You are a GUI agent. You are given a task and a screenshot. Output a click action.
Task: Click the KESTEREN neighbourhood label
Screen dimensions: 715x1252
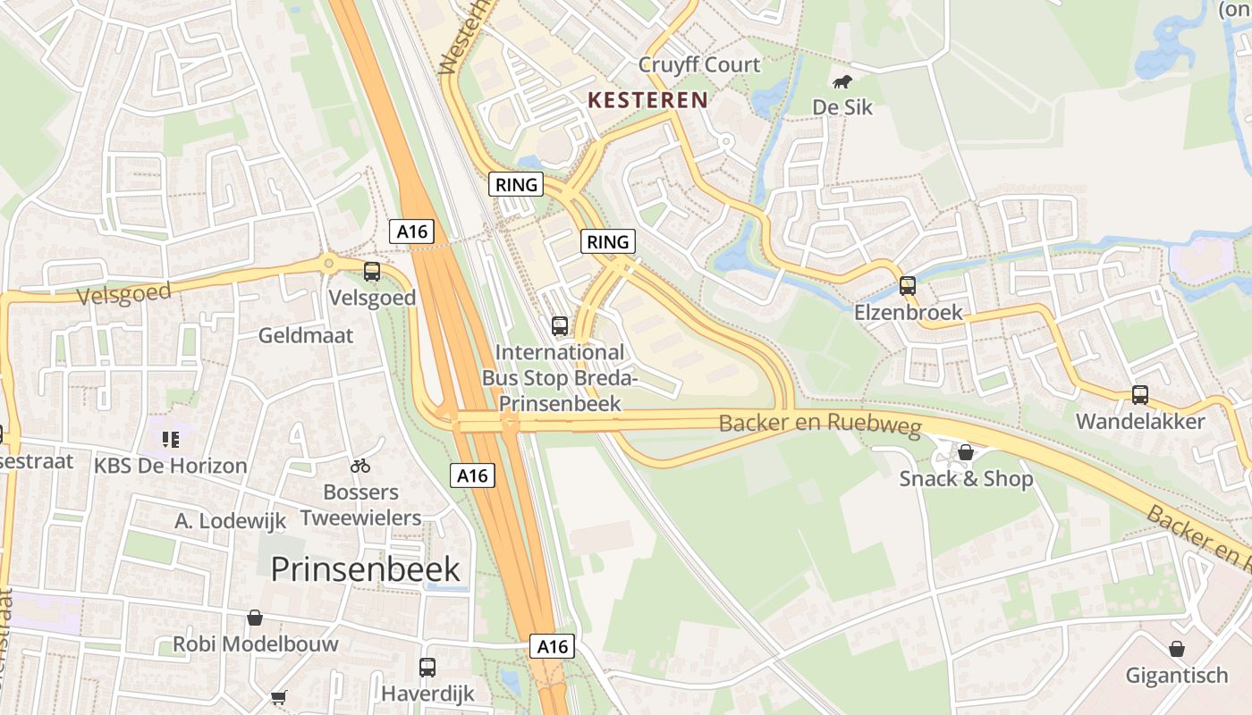(648, 100)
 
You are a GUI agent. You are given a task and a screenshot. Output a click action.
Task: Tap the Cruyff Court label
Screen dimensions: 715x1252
(699, 64)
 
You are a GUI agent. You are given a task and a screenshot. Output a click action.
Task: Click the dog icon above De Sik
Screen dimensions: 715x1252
(842, 83)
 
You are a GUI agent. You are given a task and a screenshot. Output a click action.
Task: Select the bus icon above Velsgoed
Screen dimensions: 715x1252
(372, 272)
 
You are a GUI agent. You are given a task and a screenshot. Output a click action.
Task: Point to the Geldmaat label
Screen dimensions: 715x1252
(306, 336)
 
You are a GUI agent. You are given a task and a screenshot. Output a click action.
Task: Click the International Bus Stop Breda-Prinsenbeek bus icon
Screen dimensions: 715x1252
(560, 326)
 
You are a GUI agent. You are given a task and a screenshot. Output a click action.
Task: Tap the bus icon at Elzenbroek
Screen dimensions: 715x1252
(908, 286)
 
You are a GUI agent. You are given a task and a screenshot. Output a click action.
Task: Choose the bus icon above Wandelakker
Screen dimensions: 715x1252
(1140, 394)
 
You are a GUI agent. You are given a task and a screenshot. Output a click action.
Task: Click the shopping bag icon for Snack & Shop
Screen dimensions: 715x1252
(966, 452)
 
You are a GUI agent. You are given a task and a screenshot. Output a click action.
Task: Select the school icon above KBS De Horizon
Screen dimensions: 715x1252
(170, 439)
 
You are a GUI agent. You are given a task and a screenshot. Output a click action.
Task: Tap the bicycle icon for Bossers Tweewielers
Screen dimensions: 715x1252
(360, 466)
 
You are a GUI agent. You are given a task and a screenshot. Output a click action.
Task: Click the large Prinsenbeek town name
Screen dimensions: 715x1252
(366, 569)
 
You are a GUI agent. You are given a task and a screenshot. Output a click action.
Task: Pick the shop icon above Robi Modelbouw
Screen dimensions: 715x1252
(255, 618)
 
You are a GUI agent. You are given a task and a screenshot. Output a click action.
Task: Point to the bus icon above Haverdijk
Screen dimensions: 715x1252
(427, 667)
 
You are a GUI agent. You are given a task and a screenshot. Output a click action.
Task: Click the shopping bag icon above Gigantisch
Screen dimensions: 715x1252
(1177, 649)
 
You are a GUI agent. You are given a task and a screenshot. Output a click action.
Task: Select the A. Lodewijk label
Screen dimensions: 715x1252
(230, 521)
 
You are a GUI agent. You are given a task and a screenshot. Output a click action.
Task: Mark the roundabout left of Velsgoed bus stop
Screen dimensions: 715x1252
(329, 262)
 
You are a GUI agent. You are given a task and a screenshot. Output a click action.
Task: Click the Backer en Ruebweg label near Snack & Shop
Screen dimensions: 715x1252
(820, 424)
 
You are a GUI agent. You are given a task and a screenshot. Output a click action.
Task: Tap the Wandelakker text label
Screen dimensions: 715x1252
(1140, 422)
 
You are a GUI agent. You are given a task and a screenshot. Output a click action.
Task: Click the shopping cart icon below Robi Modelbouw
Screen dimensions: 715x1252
(278, 696)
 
